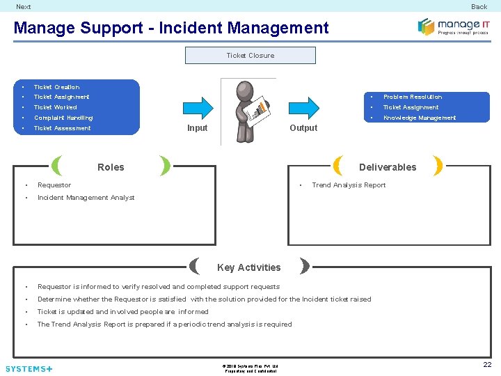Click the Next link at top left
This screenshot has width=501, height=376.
[x=24, y=7]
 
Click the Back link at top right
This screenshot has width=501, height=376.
[x=479, y=7]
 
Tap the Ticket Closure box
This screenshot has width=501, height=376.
[x=250, y=56]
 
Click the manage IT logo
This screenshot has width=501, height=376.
[x=454, y=26]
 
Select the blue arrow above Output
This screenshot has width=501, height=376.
[x=303, y=107]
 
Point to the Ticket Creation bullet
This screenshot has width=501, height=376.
[x=56, y=87]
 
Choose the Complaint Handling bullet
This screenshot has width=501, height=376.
[x=63, y=118]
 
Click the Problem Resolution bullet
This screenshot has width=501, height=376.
[x=412, y=97]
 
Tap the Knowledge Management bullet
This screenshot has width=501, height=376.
[x=419, y=118]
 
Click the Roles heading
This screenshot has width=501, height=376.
[x=111, y=167]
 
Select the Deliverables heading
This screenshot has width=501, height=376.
[x=388, y=167]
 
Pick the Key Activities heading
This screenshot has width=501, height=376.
[x=248, y=267]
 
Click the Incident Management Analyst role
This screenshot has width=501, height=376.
[x=86, y=198]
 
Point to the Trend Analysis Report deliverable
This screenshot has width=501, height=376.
[x=349, y=185]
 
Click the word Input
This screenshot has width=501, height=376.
[x=197, y=128]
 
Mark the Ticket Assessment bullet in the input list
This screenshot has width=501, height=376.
[x=62, y=128]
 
